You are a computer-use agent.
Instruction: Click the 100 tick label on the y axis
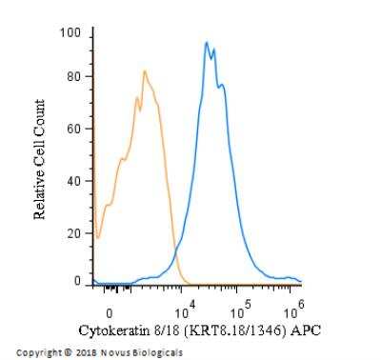point(70,33)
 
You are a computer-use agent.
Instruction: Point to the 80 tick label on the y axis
point(73,76)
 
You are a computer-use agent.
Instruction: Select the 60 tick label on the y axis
point(73,129)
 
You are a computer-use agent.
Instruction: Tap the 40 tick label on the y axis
point(73,181)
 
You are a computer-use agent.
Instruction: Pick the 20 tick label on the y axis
point(73,233)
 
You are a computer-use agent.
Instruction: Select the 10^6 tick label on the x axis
point(295,308)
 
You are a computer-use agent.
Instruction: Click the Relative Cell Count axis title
point(41,159)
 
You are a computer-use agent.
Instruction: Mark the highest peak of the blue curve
point(206,43)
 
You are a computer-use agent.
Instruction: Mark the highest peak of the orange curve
point(144,70)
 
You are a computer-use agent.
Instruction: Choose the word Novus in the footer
point(111,351)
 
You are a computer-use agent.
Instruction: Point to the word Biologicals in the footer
point(154,351)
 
